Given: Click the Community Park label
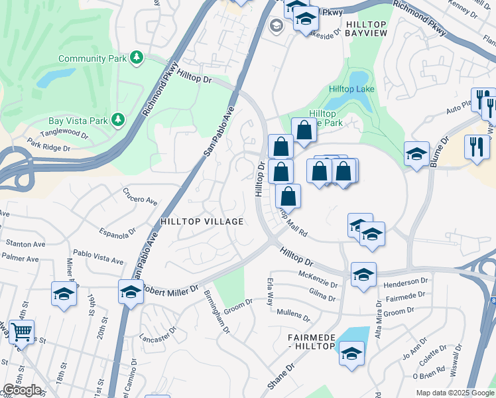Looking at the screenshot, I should click(92, 58).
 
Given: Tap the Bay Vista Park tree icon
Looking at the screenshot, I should click(118, 119).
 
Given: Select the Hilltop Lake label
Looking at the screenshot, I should click(351, 89).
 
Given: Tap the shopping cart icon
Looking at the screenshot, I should click(22, 332).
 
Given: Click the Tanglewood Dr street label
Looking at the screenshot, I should click(69, 132).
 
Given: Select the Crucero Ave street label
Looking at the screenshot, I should click(139, 198).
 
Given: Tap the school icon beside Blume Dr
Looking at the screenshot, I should click(416, 155).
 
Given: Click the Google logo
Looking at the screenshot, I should click(22, 390).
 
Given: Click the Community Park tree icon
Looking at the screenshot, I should click(137, 58).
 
